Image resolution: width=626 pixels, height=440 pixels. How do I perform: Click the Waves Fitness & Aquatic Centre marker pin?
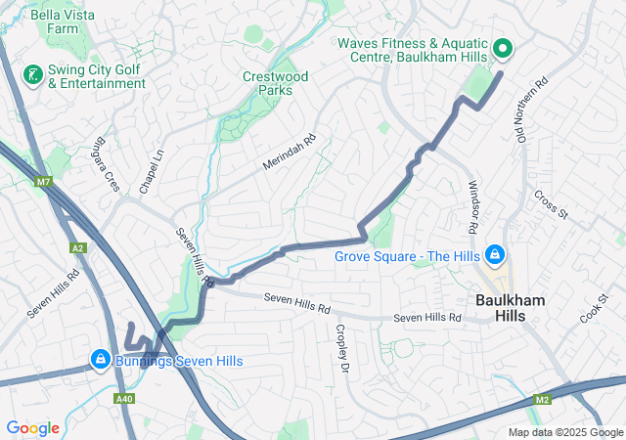click(503, 48)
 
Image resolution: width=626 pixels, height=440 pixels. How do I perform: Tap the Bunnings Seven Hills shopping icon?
click(99, 360)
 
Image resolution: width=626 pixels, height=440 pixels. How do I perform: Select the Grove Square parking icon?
click(495, 255)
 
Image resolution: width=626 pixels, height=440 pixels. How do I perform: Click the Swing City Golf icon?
click(31, 74)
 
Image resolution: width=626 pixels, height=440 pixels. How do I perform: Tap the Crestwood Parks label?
click(275, 83)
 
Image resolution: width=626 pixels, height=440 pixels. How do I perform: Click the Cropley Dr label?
click(342, 349)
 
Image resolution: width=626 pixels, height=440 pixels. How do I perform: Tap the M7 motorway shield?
click(43, 182)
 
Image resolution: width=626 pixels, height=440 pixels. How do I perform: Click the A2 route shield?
click(77, 248)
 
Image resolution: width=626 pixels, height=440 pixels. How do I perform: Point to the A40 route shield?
click(124, 398)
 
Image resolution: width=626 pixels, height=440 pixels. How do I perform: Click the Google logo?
click(32, 427)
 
